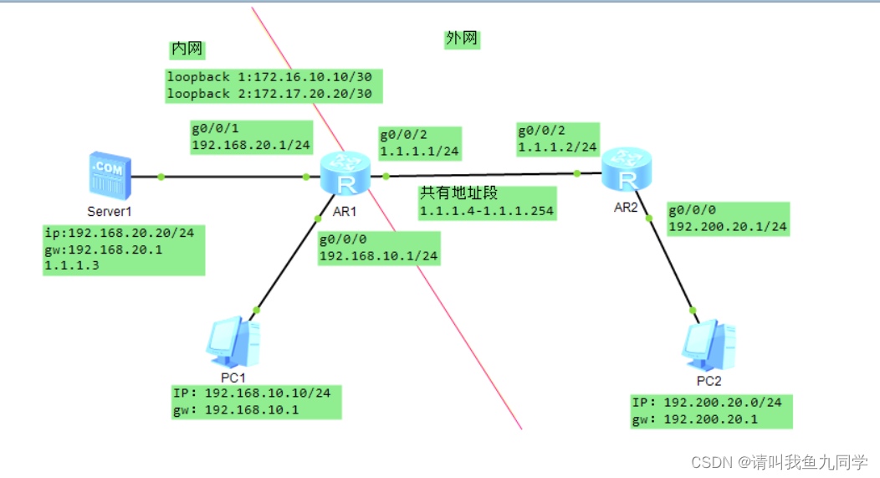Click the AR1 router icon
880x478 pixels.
(x=345, y=173)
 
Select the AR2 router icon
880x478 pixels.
(x=625, y=171)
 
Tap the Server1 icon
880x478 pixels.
(x=111, y=175)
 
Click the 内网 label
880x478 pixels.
(x=187, y=49)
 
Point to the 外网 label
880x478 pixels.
(x=463, y=39)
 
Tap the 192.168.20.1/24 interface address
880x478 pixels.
(x=251, y=145)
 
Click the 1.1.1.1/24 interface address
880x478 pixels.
(x=418, y=152)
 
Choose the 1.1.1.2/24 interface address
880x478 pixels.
(x=557, y=147)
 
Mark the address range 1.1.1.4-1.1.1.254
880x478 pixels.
(x=487, y=211)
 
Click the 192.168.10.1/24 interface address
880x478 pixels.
(x=378, y=255)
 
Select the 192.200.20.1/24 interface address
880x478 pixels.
(x=727, y=226)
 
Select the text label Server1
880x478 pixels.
(x=110, y=211)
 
